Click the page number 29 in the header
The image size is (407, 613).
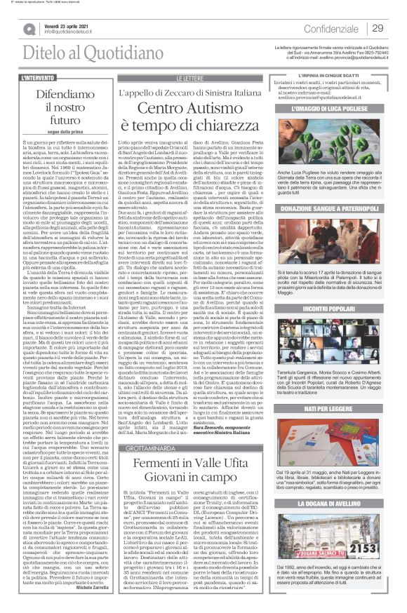pyautogui.click(x=378, y=27)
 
